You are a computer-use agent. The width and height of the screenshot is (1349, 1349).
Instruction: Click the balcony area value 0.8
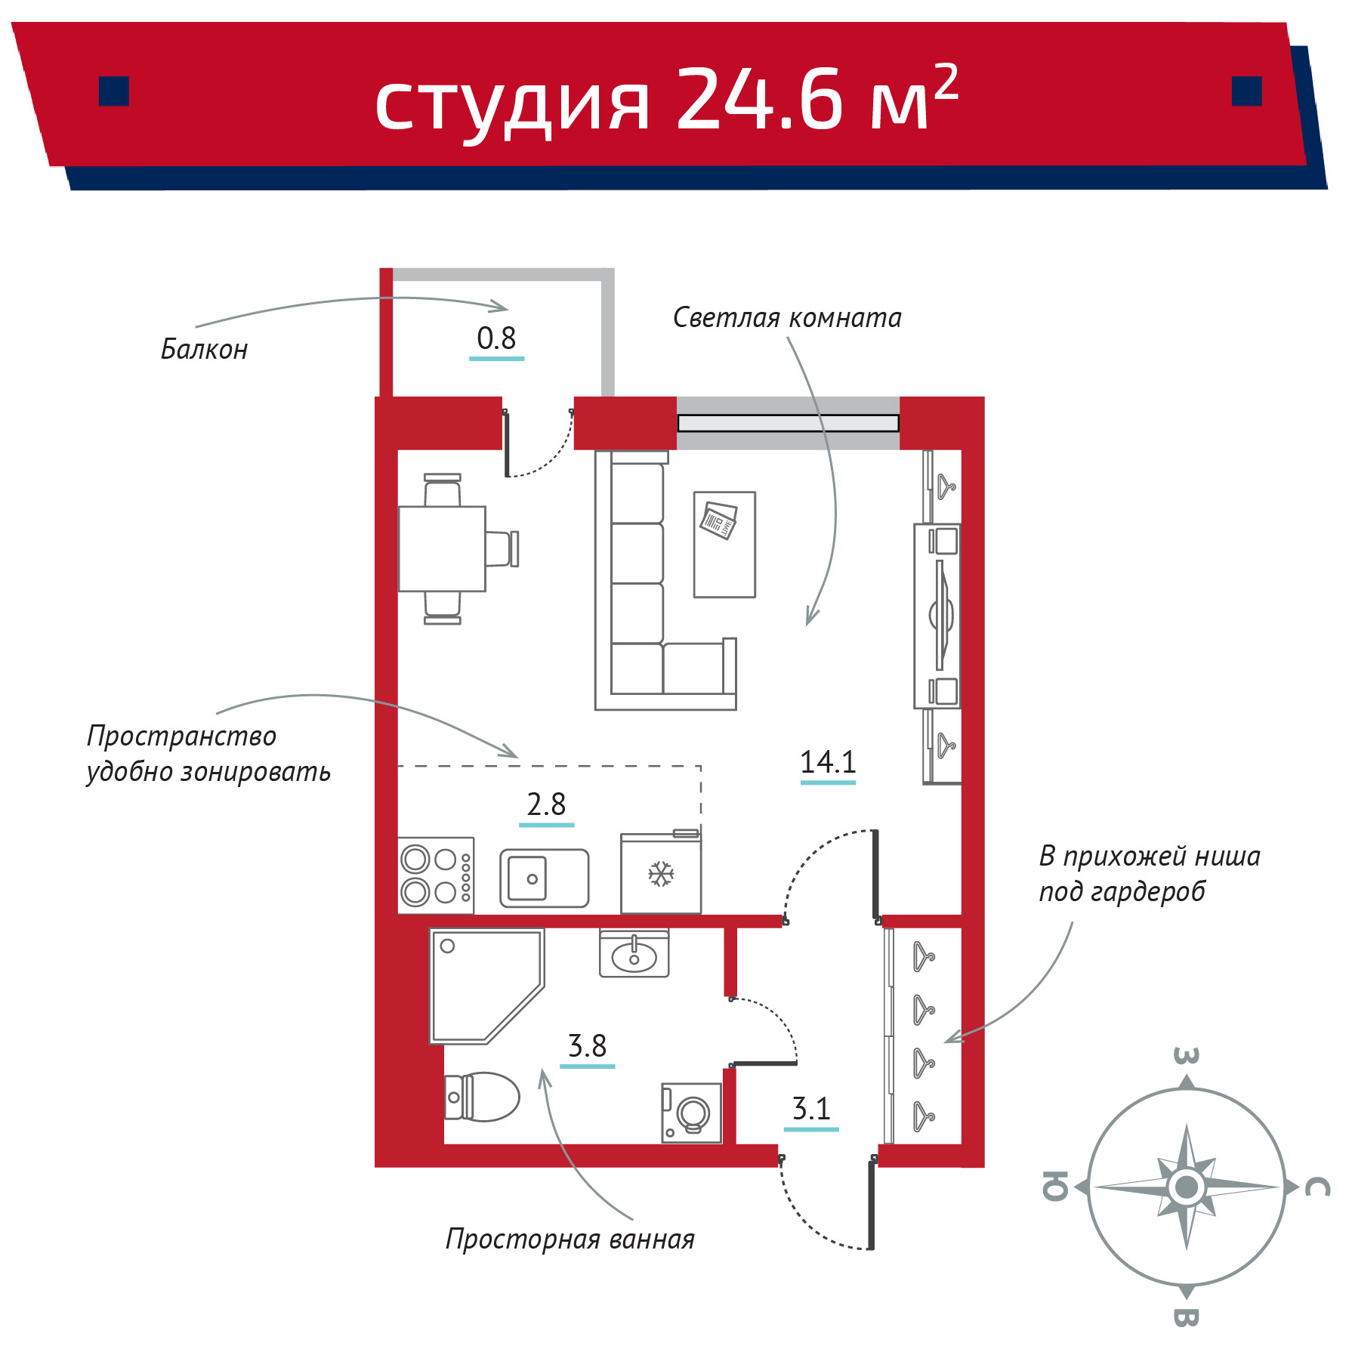(x=496, y=338)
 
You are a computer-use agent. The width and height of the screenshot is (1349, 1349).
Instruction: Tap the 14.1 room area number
(x=828, y=762)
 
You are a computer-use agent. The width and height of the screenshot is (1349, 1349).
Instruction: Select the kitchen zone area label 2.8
(x=546, y=804)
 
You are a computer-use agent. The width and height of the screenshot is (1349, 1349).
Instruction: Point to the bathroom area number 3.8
(x=587, y=1046)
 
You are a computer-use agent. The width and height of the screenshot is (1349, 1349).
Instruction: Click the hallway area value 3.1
(x=811, y=1109)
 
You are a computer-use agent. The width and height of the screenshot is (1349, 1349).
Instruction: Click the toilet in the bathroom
(x=482, y=1097)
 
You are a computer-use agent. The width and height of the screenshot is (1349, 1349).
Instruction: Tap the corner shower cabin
(x=486, y=986)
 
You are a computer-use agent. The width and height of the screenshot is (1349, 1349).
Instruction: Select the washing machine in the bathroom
(x=691, y=1113)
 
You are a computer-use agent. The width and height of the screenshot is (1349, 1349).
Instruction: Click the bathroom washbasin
(x=634, y=953)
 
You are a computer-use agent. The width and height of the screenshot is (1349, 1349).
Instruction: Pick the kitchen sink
(x=544, y=878)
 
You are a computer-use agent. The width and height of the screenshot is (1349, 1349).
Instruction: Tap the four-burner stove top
(x=436, y=875)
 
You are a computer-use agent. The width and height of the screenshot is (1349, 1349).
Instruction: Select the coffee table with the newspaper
(x=724, y=545)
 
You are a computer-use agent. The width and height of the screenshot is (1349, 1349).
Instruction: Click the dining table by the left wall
(x=442, y=549)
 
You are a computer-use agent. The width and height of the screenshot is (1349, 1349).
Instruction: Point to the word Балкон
(x=204, y=350)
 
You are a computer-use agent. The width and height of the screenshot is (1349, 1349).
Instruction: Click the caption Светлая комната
(x=787, y=318)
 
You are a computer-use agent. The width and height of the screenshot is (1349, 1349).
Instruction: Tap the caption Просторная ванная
(x=570, y=1239)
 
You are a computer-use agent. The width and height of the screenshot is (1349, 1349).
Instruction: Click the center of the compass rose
(x=1186, y=1187)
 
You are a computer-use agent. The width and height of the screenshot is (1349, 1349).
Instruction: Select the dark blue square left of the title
(x=114, y=91)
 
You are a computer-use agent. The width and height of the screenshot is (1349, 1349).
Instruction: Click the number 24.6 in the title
(x=759, y=97)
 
